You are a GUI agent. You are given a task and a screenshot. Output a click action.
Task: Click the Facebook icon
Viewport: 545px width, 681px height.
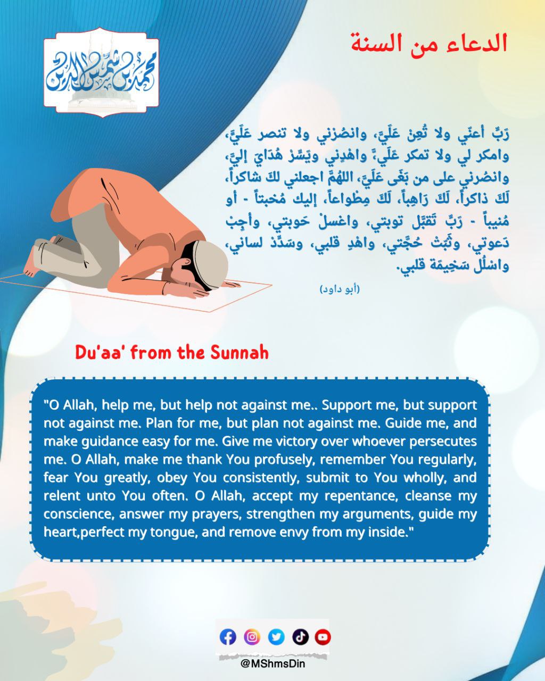228,637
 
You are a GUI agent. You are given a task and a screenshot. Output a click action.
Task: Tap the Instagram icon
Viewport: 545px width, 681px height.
252,637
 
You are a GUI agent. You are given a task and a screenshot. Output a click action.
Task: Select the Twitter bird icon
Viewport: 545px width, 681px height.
276,637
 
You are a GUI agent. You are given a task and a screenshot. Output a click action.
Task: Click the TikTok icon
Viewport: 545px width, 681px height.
300,637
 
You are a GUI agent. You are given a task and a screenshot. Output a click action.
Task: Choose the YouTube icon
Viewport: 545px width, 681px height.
323,637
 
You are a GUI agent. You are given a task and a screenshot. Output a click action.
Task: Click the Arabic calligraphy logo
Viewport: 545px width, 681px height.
101,73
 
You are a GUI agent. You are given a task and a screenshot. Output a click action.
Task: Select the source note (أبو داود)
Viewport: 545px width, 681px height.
340,289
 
